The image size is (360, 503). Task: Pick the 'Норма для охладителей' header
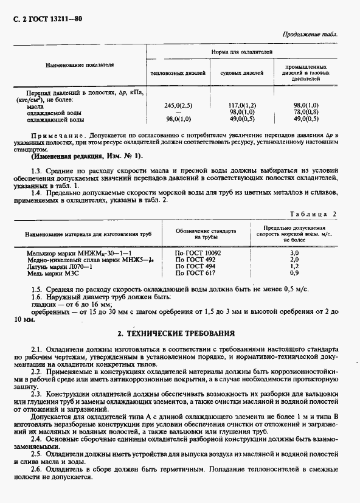pos(242,54)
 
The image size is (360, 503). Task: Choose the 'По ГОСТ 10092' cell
pos(198,252)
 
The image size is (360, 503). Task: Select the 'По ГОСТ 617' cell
pos(195,272)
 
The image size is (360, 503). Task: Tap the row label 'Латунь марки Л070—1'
pos(59,266)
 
